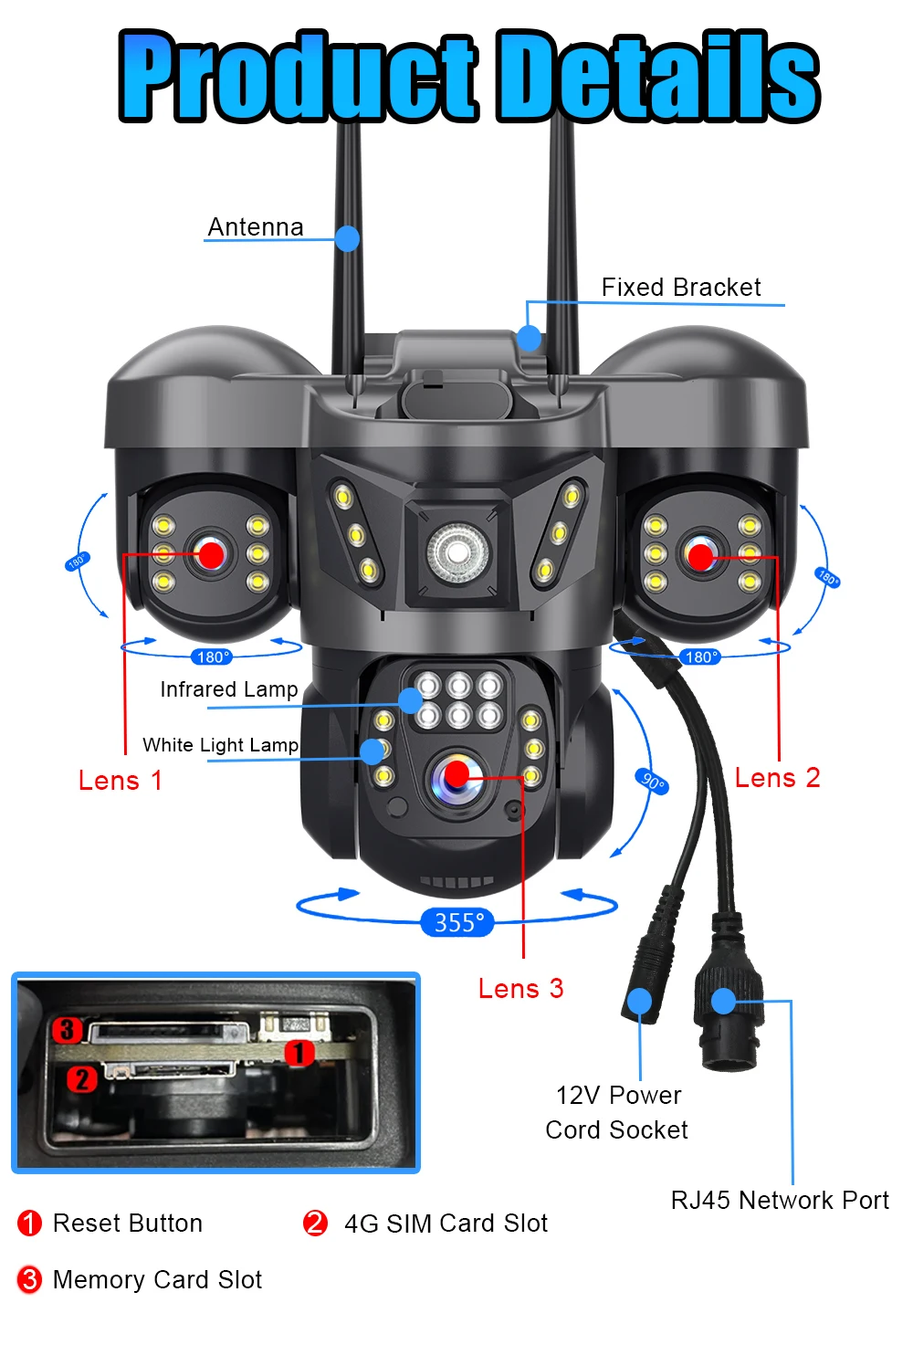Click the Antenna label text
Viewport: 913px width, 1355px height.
click(x=256, y=226)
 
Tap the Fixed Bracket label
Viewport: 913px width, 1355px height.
click(x=681, y=288)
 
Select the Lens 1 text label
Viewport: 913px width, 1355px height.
click(x=121, y=781)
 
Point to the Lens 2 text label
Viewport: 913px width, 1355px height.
click(x=778, y=778)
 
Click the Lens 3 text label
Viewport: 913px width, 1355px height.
click(x=521, y=989)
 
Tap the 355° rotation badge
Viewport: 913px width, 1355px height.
click(x=458, y=922)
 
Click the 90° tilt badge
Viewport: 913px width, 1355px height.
click(x=652, y=782)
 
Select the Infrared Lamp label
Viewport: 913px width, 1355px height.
click(x=229, y=689)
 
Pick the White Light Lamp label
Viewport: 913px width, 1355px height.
click(x=221, y=745)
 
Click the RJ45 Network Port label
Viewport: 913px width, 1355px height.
click(x=780, y=1200)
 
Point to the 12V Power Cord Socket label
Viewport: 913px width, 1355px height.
click(x=618, y=1112)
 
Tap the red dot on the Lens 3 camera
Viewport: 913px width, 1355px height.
click(x=456, y=775)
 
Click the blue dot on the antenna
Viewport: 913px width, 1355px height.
click(x=347, y=238)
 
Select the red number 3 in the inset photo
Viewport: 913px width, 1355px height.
click(x=67, y=1030)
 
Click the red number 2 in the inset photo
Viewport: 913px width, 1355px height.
click(x=82, y=1079)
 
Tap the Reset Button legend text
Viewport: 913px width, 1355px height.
click(x=128, y=1224)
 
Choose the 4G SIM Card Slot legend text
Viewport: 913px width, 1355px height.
click(x=446, y=1224)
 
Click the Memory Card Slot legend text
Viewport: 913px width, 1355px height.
click(x=157, y=1280)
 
